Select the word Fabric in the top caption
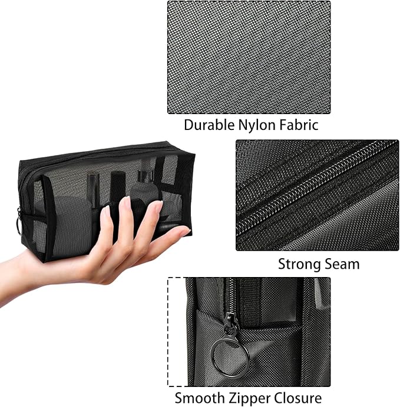point(298,125)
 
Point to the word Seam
point(342,264)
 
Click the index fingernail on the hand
point(125,203)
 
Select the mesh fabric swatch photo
point(249,57)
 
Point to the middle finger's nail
point(156,206)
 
